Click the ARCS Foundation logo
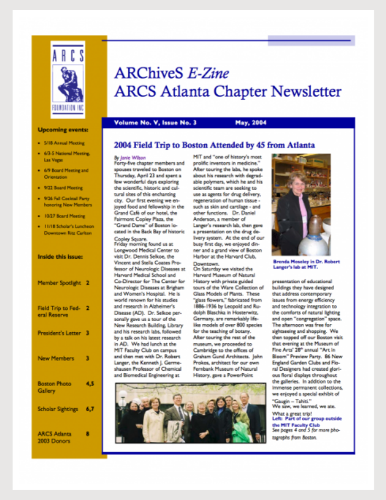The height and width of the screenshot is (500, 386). click(67, 79)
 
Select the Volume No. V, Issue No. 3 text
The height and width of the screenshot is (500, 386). click(155, 123)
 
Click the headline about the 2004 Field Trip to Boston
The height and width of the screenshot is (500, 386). click(214, 145)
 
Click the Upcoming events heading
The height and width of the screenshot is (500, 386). click(63, 130)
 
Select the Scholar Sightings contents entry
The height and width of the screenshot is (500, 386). click(58, 408)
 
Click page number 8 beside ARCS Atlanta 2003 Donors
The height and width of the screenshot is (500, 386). click(88, 433)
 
